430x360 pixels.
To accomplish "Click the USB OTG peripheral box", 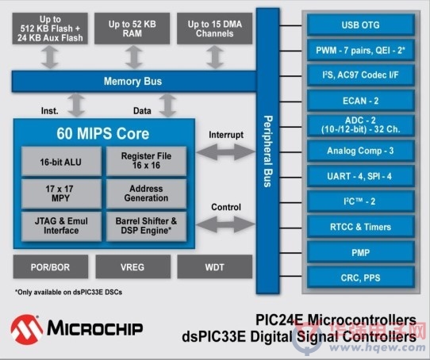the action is [x=361, y=25].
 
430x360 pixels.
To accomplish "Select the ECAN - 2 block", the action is [x=361, y=101].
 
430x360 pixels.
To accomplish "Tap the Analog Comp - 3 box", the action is [x=361, y=151].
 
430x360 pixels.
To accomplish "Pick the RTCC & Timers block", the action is [x=361, y=227].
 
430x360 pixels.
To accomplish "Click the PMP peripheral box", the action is [x=361, y=252].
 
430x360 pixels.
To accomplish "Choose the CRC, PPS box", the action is [x=361, y=278].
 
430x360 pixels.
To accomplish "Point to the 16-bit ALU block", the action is [x=61, y=162].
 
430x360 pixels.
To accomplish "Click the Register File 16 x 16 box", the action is [x=147, y=161].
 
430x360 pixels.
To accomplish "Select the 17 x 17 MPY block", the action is [x=61, y=193].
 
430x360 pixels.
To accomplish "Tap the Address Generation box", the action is [x=147, y=193].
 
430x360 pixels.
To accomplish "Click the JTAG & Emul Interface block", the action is [x=61, y=226].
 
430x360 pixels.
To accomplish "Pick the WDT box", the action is [x=215, y=266].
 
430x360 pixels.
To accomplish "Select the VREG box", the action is [x=132, y=266].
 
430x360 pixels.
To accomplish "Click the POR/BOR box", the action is [x=51, y=266].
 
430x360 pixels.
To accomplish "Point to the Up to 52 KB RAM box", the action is [x=132, y=29].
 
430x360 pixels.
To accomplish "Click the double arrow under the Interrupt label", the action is [x=226, y=152].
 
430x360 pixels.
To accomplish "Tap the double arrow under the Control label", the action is [x=226, y=224].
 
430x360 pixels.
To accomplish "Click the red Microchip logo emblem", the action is [x=27, y=330].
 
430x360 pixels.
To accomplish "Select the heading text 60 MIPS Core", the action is [x=103, y=133].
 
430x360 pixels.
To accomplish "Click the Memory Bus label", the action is [x=132, y=81].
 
